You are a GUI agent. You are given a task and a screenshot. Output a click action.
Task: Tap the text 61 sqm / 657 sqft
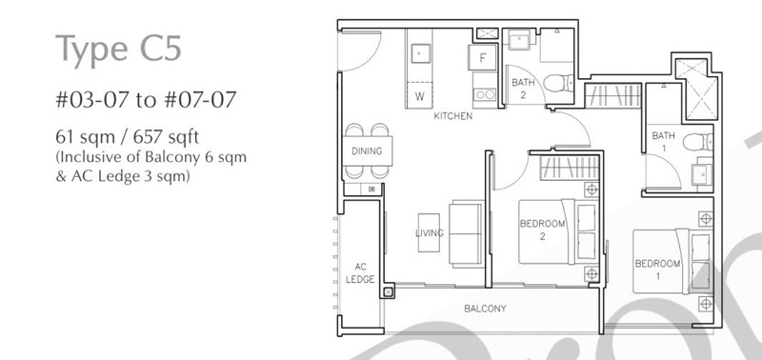[128, 137]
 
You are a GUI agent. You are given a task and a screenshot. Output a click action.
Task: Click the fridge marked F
[483, 58]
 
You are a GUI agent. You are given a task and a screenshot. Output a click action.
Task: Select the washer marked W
[419, 95]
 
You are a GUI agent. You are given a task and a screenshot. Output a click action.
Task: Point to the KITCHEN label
[453, 116]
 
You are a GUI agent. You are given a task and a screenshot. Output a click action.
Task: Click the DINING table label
[367, 151]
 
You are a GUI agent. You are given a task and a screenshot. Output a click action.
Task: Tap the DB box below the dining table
[371, 190]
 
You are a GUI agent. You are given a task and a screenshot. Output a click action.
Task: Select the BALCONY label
[485, 309]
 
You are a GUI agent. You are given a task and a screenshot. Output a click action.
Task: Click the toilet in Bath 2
[558, 83]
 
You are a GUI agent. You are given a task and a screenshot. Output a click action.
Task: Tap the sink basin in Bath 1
[702, 175]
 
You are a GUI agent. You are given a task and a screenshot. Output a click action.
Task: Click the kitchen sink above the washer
[420, 53]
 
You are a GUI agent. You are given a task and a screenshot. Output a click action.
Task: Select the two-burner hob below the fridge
[485, 94]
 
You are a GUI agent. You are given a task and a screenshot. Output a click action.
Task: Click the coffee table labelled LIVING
[429, 232]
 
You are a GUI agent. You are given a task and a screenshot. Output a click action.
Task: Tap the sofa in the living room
[467, 233]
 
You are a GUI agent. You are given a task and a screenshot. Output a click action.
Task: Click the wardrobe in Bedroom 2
[570, 168]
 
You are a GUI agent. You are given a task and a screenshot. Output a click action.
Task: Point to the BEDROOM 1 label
[657, 270]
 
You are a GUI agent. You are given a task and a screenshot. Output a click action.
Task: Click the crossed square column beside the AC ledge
[388, 292]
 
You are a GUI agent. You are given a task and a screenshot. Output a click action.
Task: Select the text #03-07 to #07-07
[146, 100]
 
